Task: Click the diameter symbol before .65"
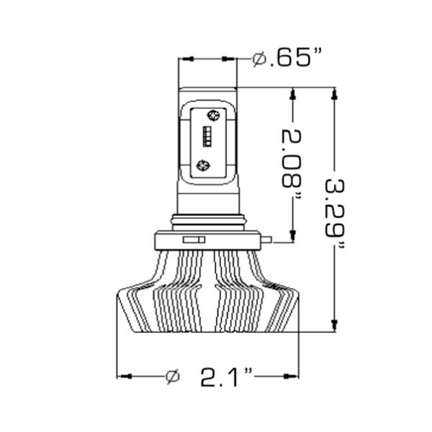[260, 60]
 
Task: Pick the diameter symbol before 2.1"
[171, 376]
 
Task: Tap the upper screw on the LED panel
[212, 114]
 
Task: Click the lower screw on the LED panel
[204, 165]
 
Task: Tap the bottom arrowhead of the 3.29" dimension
[334, 325]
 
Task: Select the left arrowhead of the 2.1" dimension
[122, 376]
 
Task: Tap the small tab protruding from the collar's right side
[268, 238]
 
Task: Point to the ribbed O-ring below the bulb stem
[208, 217]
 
